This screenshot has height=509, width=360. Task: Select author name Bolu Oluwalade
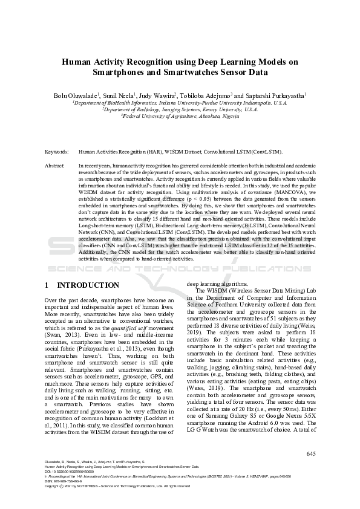(x=75, y=96)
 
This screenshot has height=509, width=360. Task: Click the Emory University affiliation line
(x=180, y=110)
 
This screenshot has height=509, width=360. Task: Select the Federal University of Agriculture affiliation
(x=180, y=117)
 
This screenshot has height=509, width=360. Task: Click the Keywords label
(x=57, y=152)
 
